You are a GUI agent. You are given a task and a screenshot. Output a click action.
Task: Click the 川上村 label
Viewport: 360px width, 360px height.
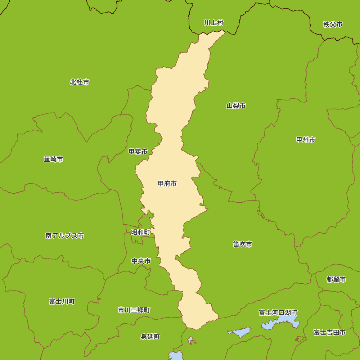(x=213, y=23)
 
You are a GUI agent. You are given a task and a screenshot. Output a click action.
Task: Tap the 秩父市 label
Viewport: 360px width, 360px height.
(x=333, y=24)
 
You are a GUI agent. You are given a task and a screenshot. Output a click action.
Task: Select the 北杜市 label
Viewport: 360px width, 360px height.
(x=80, y=82)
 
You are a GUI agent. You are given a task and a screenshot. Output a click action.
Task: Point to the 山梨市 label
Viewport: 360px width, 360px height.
(x=236, y=106)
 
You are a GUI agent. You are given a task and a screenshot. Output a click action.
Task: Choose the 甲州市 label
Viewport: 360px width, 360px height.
(x=306, y=140)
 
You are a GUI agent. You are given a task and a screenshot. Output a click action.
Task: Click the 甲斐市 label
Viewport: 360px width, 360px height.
(x=138, y=152)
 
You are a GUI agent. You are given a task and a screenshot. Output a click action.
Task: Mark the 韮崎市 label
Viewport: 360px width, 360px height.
(x=53, y=159)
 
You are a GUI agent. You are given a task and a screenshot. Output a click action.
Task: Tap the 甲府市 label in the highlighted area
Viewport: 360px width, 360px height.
(x=167, y=184)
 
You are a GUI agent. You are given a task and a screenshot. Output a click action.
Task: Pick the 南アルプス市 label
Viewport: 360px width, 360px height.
(x=65, y=236)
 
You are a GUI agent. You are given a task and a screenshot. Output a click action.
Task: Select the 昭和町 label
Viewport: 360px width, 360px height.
(x=141, y=232)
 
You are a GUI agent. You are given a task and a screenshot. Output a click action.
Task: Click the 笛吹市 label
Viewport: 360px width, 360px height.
(x=242, y=244)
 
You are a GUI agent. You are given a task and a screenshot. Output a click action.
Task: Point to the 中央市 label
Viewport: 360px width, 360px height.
(x=141, y=261)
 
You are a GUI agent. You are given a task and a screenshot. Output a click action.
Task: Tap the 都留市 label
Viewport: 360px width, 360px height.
(x=337, y=279)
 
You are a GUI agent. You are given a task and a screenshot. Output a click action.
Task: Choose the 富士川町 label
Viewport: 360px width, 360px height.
(x=62, y=301)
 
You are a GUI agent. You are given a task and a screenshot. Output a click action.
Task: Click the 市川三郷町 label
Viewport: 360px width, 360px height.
(x=134, y=310)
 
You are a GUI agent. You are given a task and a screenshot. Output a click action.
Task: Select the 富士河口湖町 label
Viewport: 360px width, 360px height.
(x=278, y=312)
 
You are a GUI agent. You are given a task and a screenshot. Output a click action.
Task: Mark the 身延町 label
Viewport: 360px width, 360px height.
(x=150, y=337)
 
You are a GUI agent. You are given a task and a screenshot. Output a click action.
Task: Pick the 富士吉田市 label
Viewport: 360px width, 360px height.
(x=329, y=333)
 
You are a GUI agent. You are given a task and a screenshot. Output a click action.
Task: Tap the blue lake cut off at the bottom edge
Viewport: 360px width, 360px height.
(x=176, y=356)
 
